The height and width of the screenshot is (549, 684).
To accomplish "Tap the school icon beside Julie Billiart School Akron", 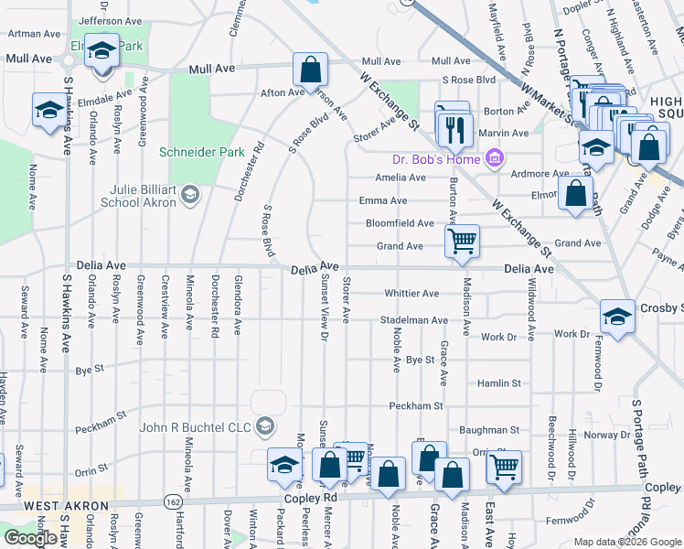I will coord(190,193).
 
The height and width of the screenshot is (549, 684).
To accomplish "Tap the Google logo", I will coord(30,538).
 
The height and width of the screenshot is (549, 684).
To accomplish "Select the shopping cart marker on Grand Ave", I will coord(463,242).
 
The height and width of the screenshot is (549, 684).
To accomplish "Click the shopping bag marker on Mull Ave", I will coord(310,69).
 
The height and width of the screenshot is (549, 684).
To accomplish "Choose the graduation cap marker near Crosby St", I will coord(617,317).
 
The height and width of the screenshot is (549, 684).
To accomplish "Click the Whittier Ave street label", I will coord(411,294).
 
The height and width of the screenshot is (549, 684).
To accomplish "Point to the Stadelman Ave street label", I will coord(414,320).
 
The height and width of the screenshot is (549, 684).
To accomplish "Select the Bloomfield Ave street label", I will coord(400,223).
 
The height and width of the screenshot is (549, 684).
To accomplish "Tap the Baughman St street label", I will coord(489,429).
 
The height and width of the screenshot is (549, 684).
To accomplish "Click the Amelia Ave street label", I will coord(400,178).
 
